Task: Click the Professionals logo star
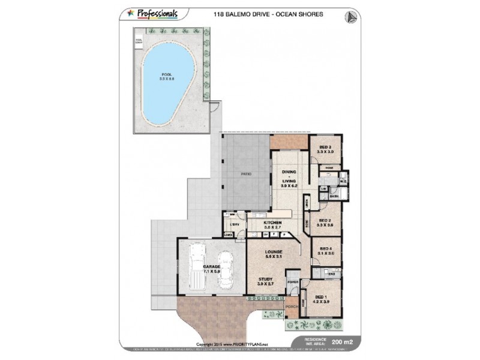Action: [130, 12]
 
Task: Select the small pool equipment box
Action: [139, 43]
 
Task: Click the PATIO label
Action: [245, 173]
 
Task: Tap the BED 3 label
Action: [325, 148]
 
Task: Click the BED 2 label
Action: [325, 220]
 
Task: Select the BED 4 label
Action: [326, 248]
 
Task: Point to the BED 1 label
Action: [321, 298]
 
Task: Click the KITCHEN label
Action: [273, 223]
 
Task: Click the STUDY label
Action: [265, 278]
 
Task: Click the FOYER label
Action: [293, 281]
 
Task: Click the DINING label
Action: [289, 172]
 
